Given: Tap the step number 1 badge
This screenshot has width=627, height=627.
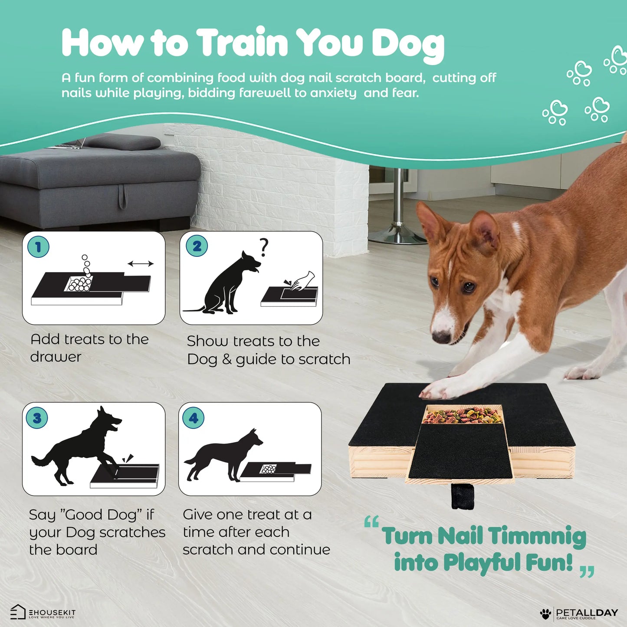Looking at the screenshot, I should click(x=38, y=247).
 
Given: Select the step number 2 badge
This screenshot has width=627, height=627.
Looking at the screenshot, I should click(x=197, y=246).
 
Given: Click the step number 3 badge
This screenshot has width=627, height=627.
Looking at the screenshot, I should click(x=37, y=418).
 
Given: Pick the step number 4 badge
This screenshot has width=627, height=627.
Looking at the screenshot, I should click(x=194, y=418).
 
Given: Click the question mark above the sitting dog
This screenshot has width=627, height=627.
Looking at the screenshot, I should click(x=263, y=247).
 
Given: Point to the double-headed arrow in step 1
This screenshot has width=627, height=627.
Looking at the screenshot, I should click(x=141, y=263).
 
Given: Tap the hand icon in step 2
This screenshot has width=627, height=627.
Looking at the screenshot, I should click(x=303, y=281).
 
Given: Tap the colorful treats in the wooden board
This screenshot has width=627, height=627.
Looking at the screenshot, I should click(x=463, y=415).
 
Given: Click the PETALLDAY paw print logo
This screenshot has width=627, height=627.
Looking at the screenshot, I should click(x=545, y=614).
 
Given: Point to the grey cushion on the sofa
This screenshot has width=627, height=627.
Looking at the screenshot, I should click(x=123, y=142).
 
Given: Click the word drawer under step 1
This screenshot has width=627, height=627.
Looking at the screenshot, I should click(x=56, y=357).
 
